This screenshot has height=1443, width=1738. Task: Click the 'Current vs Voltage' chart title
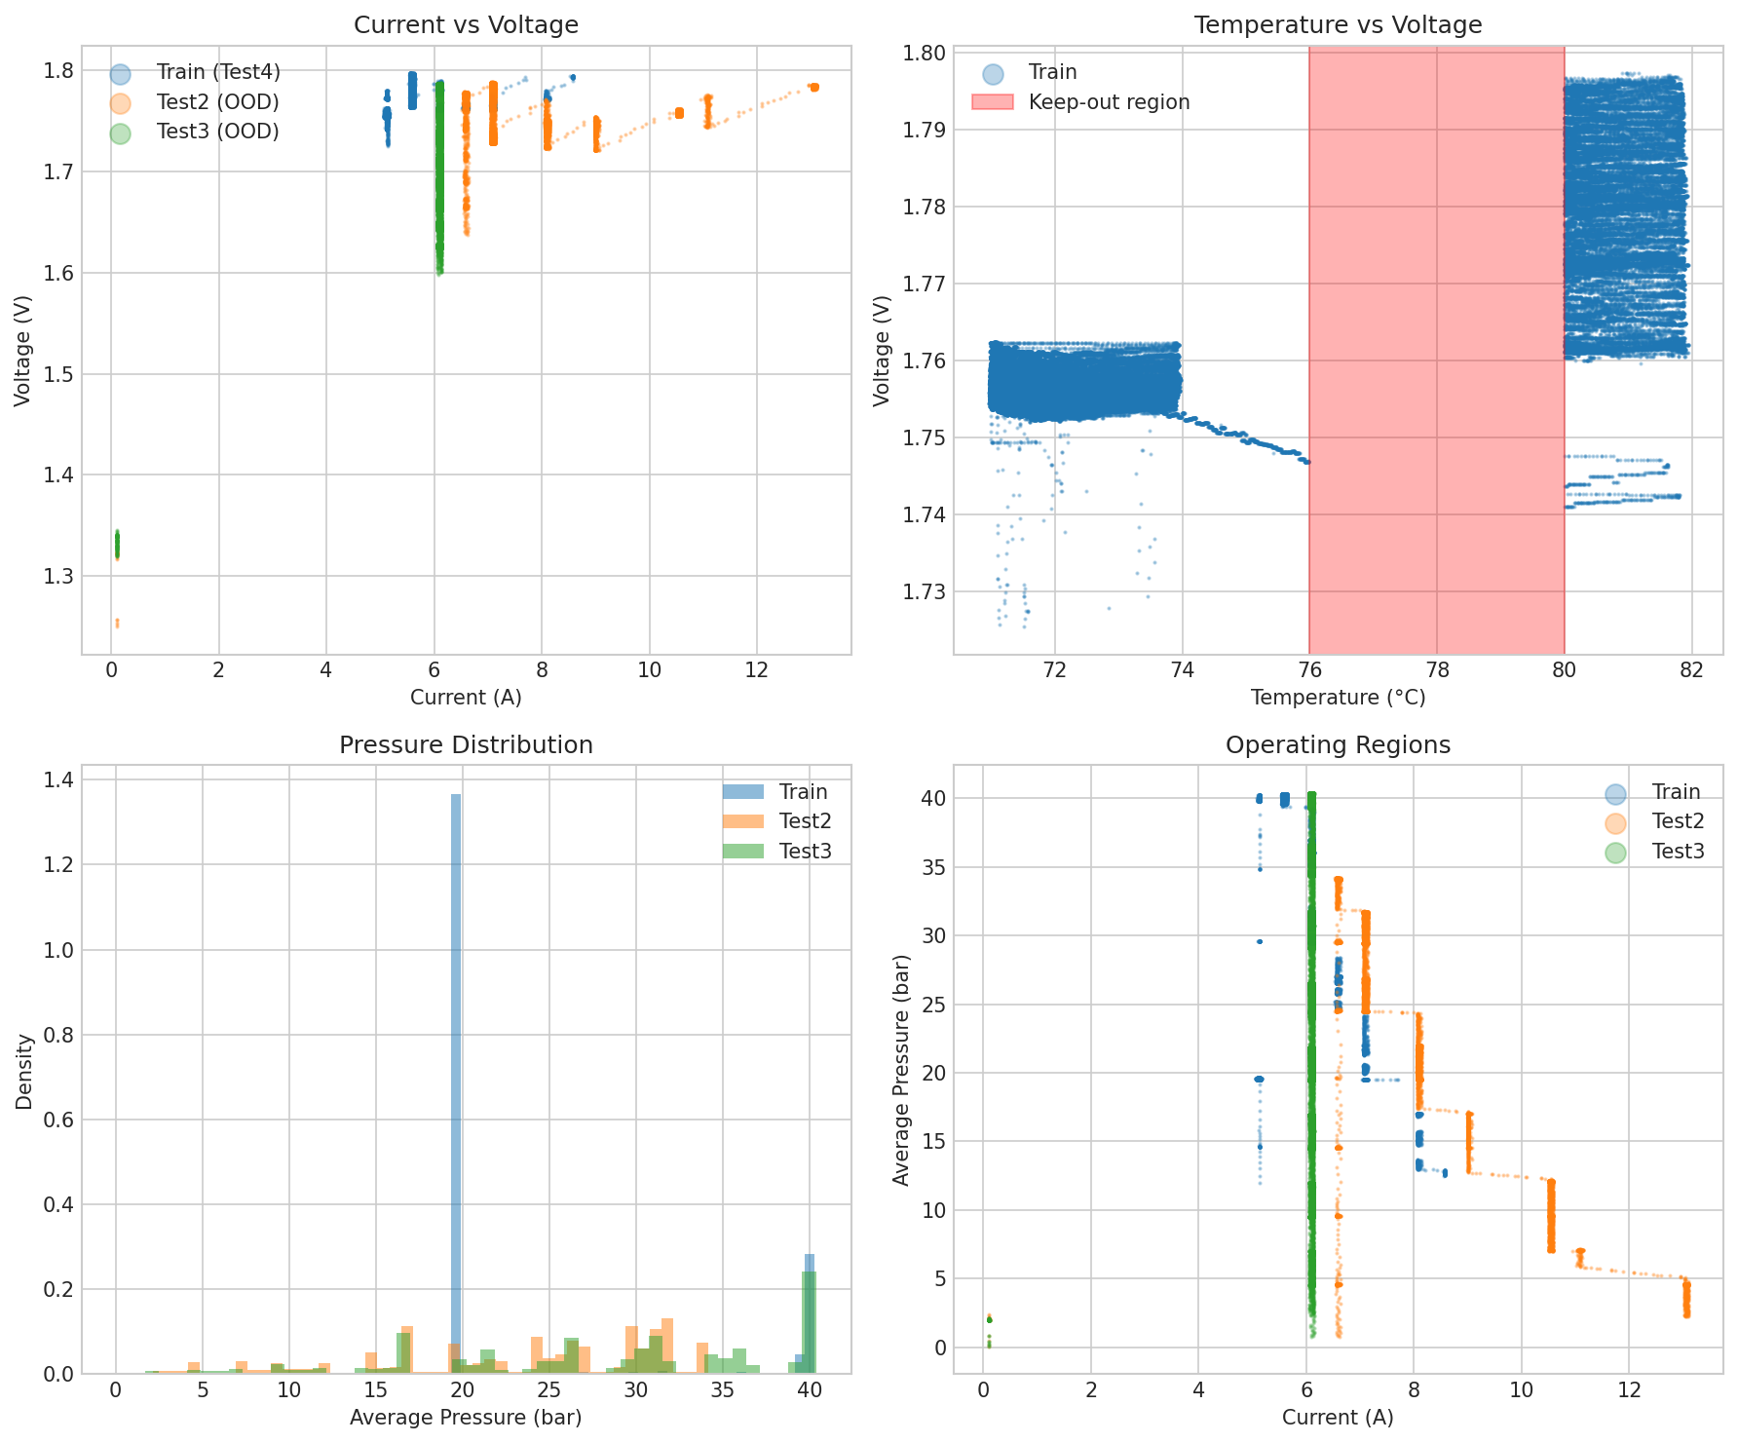coord(466,25)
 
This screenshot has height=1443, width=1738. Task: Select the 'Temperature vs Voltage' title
coord(1338,25)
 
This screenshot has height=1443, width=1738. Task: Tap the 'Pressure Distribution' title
coord(466,745)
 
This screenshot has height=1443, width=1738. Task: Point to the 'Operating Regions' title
coord(1338,745)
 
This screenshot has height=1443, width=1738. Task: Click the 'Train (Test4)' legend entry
coord(217,72)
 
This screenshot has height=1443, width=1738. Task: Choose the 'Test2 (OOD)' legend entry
coord(217,102)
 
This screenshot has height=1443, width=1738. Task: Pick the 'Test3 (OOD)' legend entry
coord(217,132)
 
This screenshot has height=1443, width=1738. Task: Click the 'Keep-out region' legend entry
coord(1109,102)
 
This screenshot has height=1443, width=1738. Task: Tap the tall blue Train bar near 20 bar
coord(456,1072)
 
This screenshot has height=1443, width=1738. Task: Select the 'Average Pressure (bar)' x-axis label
coord(466,1418)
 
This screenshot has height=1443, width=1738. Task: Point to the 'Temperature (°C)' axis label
coord(1338,698)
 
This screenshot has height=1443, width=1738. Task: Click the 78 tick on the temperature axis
coord(1437,670)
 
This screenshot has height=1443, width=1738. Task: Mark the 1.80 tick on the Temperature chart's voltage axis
coord(921,53)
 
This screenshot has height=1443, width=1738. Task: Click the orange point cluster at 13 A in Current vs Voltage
coord(813,88)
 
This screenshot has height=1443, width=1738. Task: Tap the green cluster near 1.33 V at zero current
coord(117,544)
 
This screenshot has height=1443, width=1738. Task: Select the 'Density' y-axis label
coord(25,1072)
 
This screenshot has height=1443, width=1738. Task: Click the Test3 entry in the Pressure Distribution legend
coord(805,852)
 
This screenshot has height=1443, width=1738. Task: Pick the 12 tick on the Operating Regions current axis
coord(1628,1390)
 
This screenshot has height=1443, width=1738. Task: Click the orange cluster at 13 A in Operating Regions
coord(1686,1299)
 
